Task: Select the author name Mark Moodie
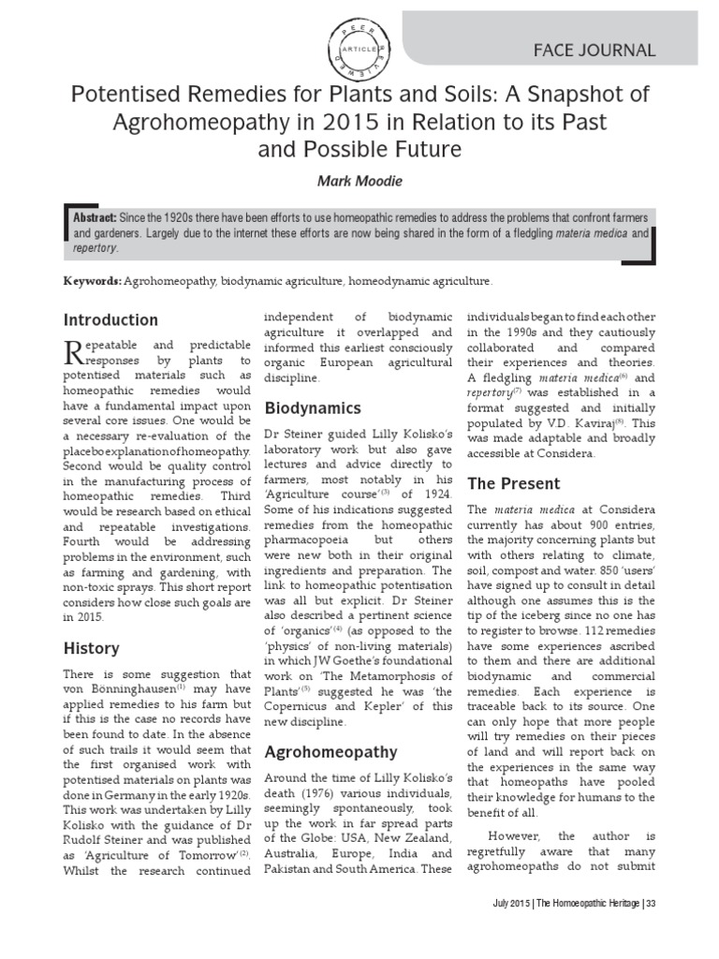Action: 359,180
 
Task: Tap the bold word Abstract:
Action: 102,216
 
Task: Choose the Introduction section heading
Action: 110,319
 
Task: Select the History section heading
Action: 91,647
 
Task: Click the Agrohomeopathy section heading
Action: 331,751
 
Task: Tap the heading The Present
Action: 513,483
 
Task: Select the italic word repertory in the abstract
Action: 95,248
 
